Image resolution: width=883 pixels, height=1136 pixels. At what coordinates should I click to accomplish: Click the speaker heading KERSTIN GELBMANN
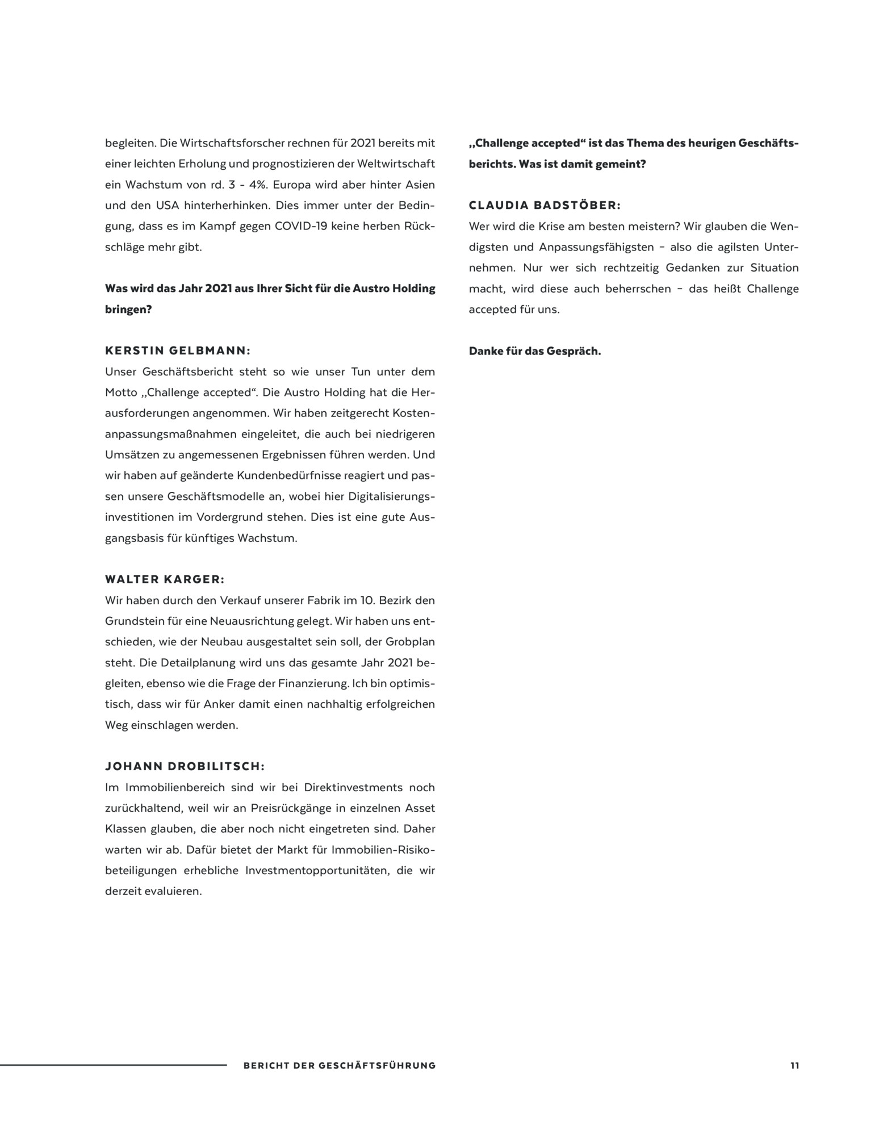pos(178,351)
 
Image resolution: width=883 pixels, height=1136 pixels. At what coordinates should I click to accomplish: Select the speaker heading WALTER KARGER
pos(165,579)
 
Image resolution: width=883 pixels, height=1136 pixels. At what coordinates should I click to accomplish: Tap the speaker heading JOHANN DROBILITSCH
pos(185,766)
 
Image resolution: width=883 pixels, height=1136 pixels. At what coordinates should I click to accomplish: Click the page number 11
pos(794,1066)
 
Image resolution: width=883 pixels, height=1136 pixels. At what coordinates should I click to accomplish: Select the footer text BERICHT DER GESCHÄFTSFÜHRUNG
pos(340,1066)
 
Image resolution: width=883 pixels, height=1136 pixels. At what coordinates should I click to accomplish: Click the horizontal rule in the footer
pos(113,1065)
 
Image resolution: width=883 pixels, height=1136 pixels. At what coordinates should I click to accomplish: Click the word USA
pos(168,206)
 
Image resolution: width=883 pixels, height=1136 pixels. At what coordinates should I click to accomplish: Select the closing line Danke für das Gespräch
pos(534,351)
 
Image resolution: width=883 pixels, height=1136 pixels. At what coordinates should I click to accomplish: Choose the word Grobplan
pos(411,642)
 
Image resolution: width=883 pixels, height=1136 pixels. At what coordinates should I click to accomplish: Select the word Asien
pos(420,185)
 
